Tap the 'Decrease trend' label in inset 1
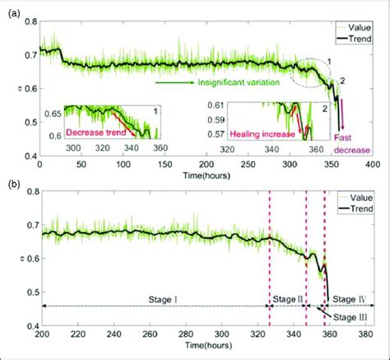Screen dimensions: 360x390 [x=95, y=131]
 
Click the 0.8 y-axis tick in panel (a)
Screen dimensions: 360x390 [x=29, y=17]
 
